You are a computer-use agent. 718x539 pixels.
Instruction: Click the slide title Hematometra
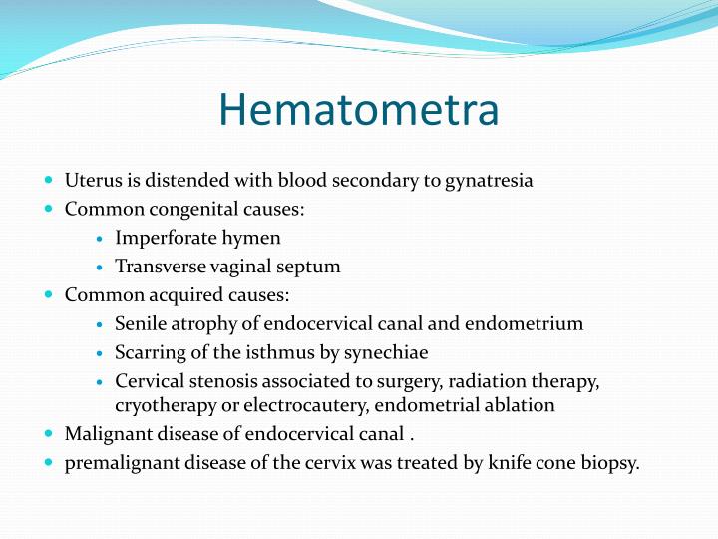tap(358, 110)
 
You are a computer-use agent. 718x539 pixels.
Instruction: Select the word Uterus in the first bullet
tap(89, 181)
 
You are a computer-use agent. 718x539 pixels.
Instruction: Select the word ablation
tap(522, 405)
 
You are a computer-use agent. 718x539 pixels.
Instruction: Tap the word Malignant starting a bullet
tap(102, 434)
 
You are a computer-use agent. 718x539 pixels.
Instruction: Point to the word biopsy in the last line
tap(610, 463)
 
